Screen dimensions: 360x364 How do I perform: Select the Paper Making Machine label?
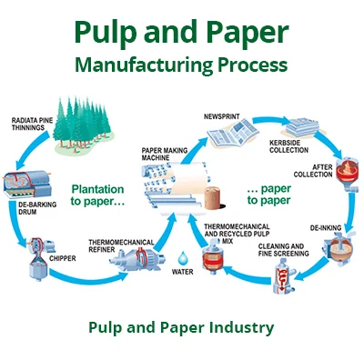163,156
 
